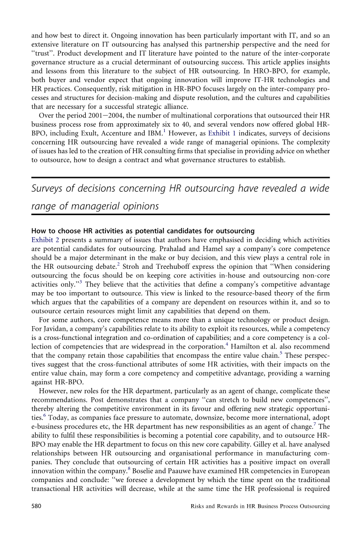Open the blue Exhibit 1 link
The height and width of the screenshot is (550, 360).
221,133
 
